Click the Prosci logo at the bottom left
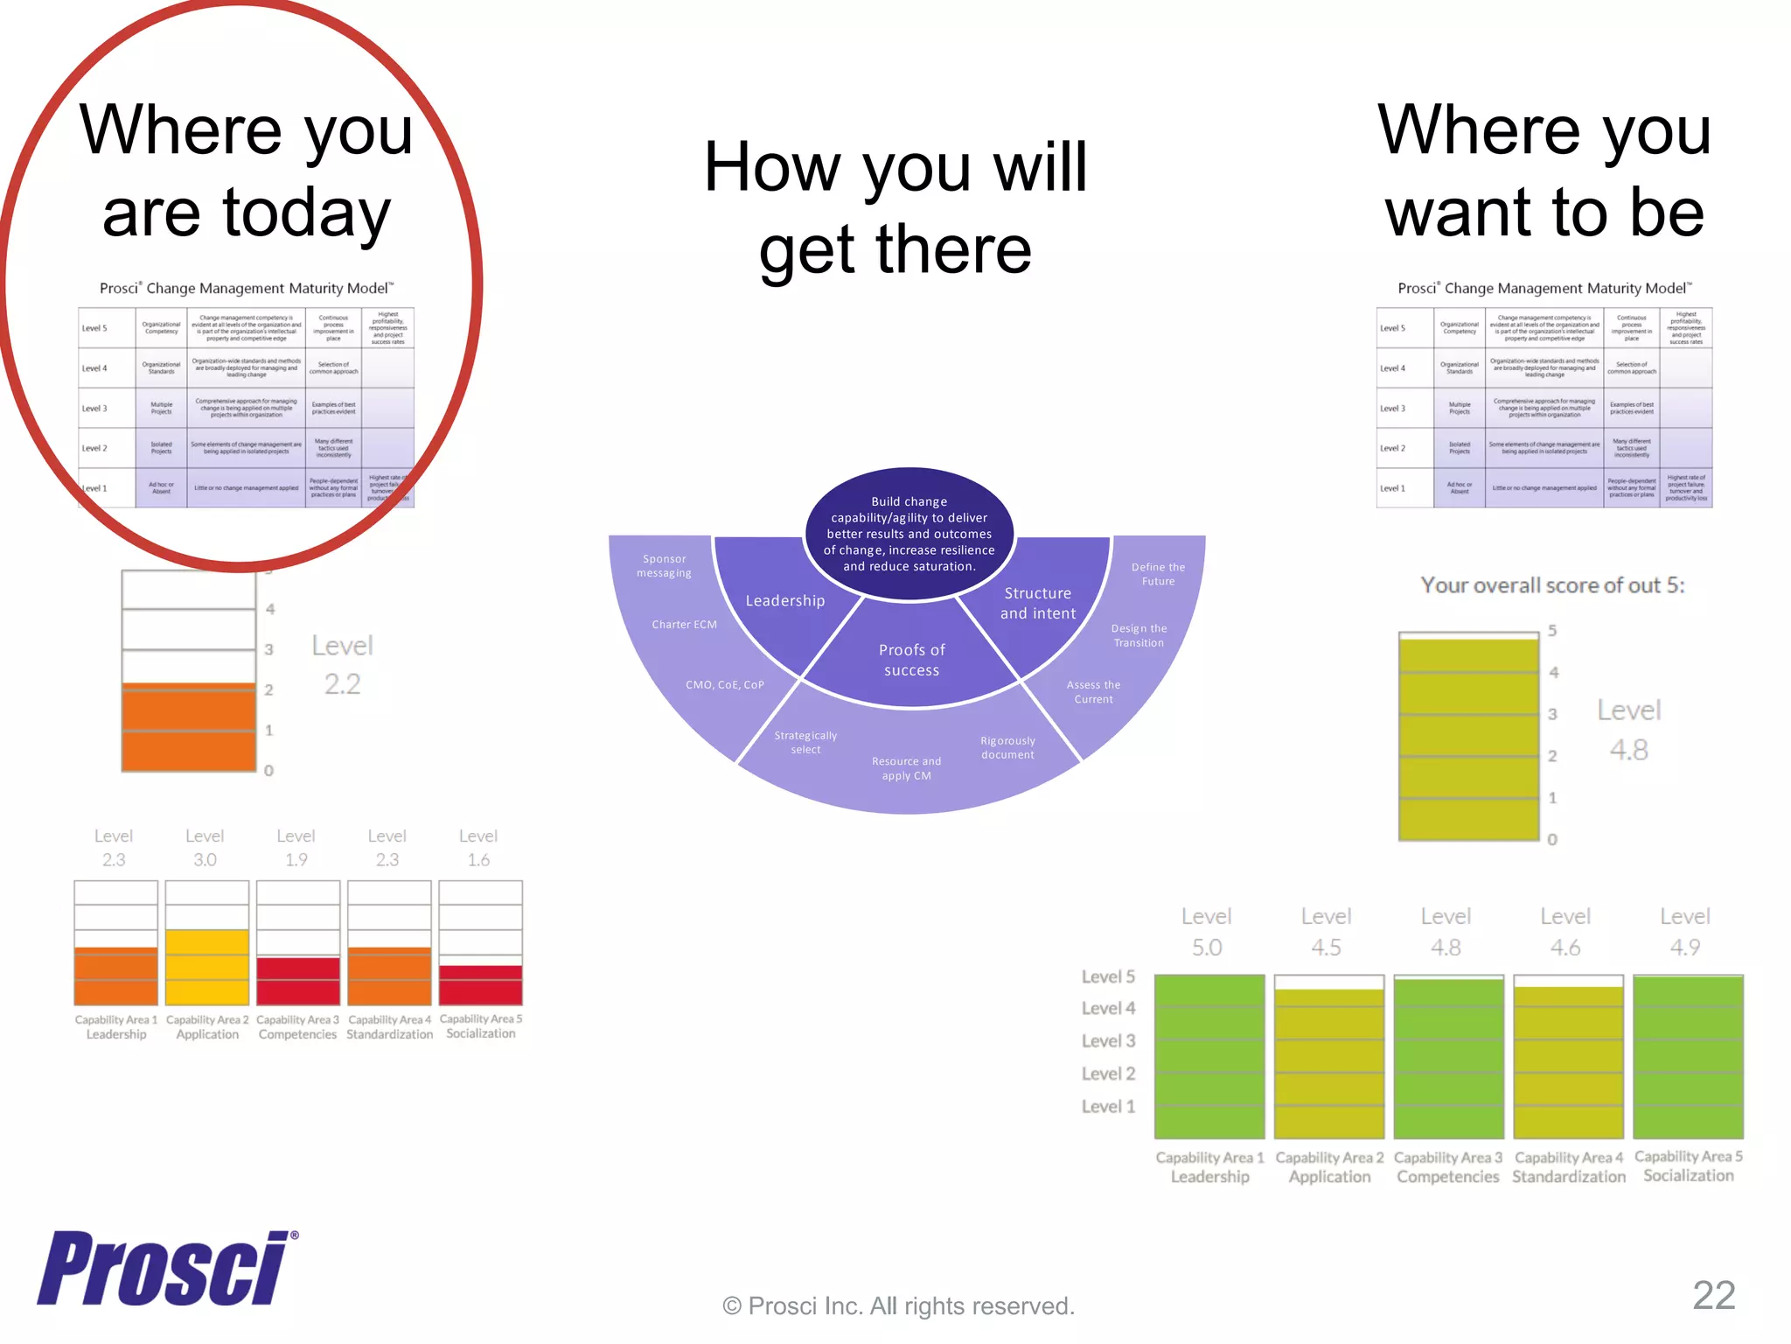point(166,1268)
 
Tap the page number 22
point(1713,1295)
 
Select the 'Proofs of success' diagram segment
point(911,660)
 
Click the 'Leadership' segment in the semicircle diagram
point(784,601)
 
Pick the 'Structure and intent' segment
point(1038,603)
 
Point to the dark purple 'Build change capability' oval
point(909,534)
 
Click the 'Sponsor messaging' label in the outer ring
point(664,566)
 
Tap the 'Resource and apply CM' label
point(907,768)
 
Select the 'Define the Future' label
point(1158,574)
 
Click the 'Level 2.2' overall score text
point(342,664)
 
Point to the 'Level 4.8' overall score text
point(1628,730)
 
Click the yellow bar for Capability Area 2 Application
point(207,967)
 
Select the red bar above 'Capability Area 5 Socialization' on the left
point(481,985)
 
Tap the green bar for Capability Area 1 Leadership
point(1209,1056)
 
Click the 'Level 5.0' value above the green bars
point(1207,932)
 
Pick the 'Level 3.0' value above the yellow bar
point(205,848)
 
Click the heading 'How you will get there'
point(895,207)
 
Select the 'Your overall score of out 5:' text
point(1552,585)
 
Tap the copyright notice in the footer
point(898,1305)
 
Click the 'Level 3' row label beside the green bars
point(1108,1041)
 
